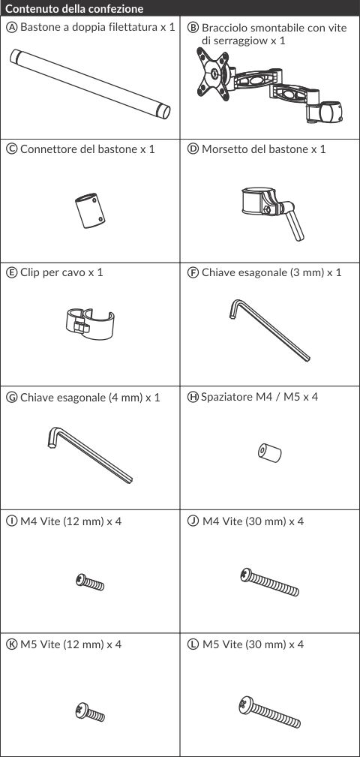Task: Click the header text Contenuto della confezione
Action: pyautogui.click(x=74, y=9)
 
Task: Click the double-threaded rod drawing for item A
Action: pyautogui.click(x=90, y=84)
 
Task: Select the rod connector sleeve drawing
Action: pyautogui.click(x=90, y=211)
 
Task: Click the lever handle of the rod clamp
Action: pyautogui.click(x=294, y=225)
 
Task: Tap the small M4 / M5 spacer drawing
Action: pyautogui.click(x=269, y=453)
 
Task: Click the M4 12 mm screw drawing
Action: pyautogui.click(x=90, y=581)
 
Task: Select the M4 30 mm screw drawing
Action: pyautogui.click(x=270, y=582)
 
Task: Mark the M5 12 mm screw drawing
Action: pyautogui.click(x=90, y=712)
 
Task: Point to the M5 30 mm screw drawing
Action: pyautogui.click(x=269, y=712)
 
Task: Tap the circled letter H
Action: pyautogui.click(x=193, y=398)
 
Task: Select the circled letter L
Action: pyautogui.click(x=193, y=644)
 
